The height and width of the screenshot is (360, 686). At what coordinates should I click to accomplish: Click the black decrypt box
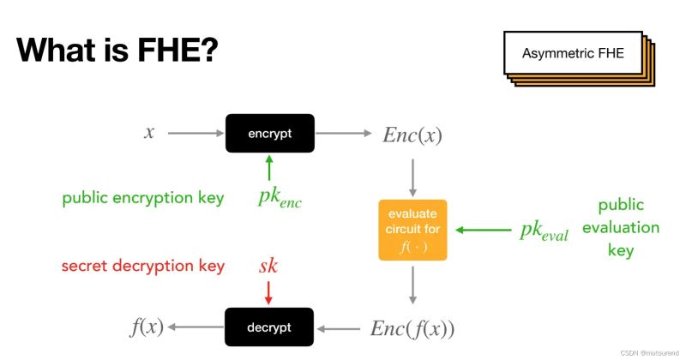(269, 327)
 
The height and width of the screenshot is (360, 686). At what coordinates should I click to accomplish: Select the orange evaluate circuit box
(412, 230)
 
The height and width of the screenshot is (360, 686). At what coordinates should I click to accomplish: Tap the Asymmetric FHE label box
(572, 54)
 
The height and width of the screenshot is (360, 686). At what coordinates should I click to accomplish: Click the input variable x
(149, 133)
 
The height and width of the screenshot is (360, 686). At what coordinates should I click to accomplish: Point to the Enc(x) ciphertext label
(414, 135)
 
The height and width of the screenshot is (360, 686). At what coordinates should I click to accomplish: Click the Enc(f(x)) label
(412, 328)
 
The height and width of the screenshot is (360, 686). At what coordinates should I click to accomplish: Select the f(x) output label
(147, 327)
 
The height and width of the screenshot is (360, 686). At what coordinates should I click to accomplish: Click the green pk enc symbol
(280, 198)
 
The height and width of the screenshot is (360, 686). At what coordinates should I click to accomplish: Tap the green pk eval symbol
(544, 231)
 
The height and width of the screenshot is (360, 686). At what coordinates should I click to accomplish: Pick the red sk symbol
(268, 266)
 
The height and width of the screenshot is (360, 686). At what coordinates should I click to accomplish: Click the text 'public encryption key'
(143, 198)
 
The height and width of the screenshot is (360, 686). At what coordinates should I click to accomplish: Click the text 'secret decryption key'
(143, 266)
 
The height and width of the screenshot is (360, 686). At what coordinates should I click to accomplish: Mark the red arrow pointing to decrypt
(268, 293)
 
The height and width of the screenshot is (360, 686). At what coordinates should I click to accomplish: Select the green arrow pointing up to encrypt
(269, 166)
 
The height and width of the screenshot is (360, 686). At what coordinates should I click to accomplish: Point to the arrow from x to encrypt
(195, 134)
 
